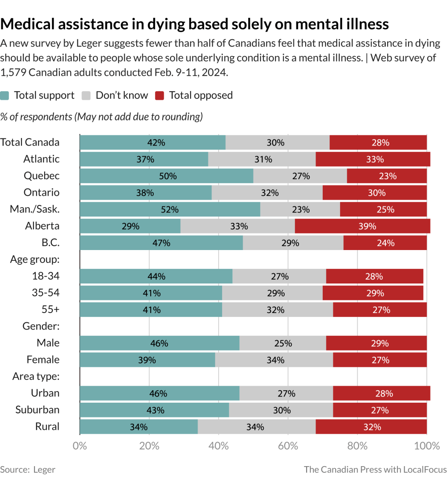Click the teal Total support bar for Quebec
pos(166,176)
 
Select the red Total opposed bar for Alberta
pos(363,226)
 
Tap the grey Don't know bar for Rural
pos(257,427)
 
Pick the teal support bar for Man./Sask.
pos(170,209)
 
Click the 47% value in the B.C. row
pos(161,243)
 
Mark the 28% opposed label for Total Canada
pos(380,143)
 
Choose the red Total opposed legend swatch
pos(160,96)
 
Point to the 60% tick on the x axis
pos(288,446)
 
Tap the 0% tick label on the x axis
pos(80,446)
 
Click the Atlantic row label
pos(42,159)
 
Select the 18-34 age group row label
pos(46,276)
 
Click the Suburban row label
pos(37,410)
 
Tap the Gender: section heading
pos(41,326)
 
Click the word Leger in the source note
pos(44,469)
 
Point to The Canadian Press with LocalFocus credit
pos(375,469)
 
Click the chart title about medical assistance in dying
pos(194,24)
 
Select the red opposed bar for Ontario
pos(375,193)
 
